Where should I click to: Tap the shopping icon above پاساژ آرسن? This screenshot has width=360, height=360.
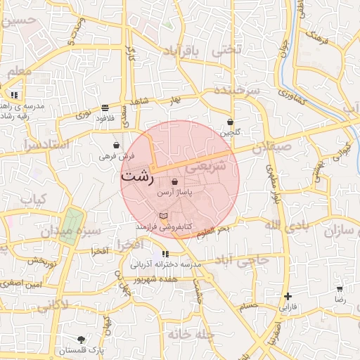point(174,182)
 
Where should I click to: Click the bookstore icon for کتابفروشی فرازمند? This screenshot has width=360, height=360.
point(164,216)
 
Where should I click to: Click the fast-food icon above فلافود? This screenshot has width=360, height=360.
point(105,108)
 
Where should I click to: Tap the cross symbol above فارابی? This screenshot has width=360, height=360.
point(287,297)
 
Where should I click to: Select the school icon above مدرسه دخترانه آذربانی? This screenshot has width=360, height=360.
point(165,254)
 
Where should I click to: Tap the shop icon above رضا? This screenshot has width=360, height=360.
point(340,288)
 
